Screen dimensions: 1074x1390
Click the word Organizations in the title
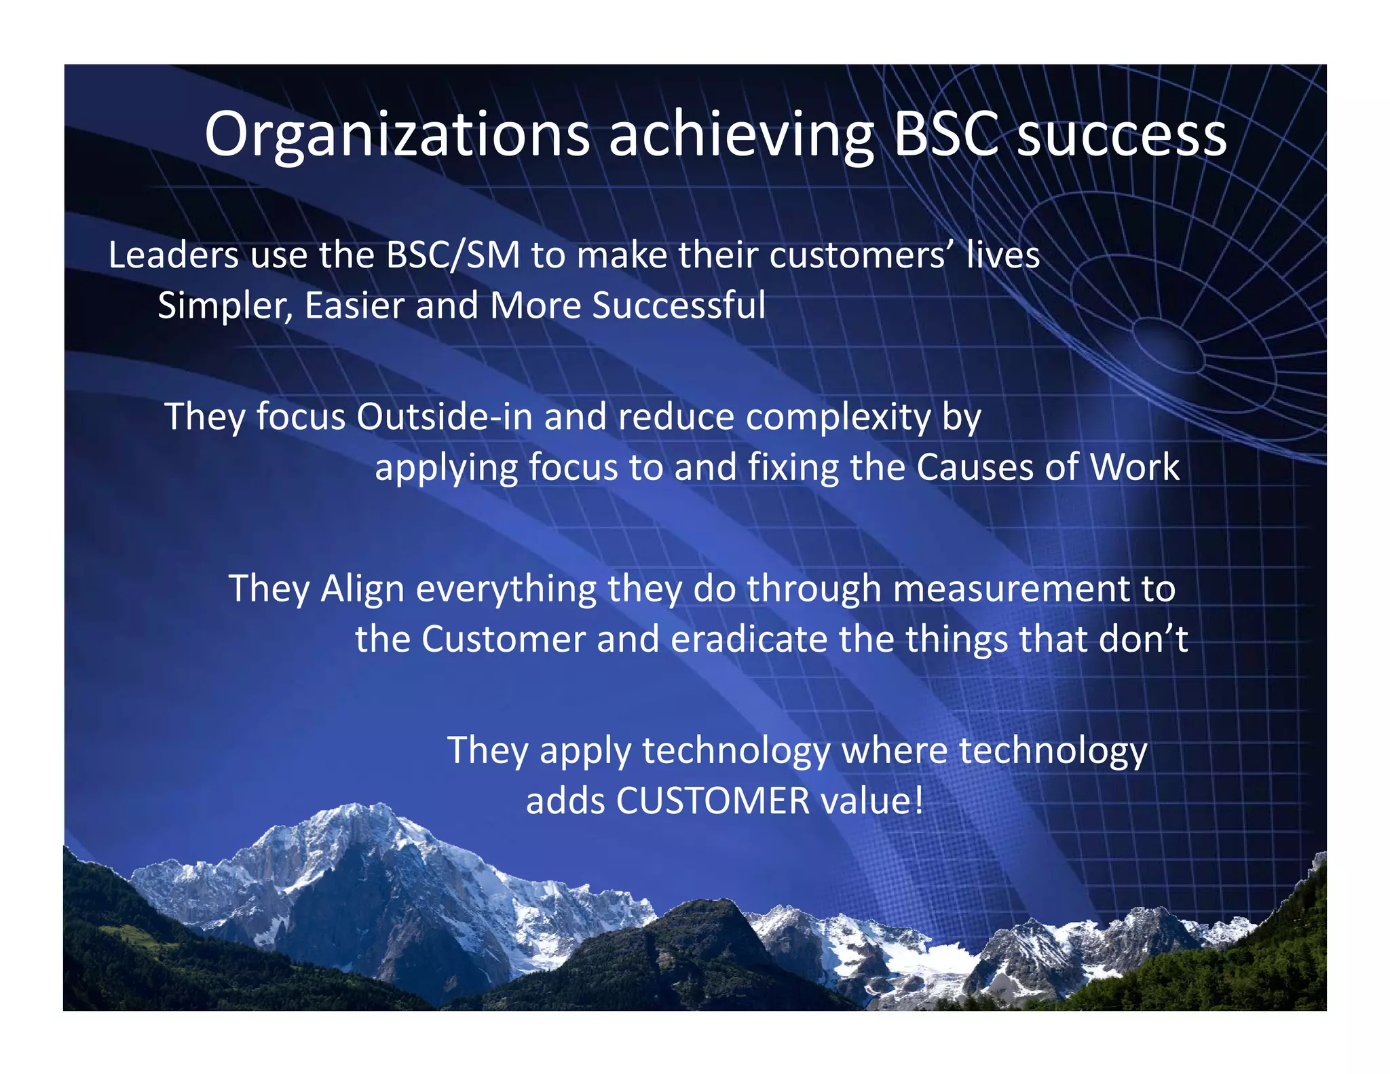click(397, 134)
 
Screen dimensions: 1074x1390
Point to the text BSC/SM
click(453, 255)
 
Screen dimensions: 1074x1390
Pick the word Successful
click(679, 305)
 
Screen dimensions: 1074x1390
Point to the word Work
click(1135, 467)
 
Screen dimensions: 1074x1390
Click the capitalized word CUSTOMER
click(713, 801)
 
